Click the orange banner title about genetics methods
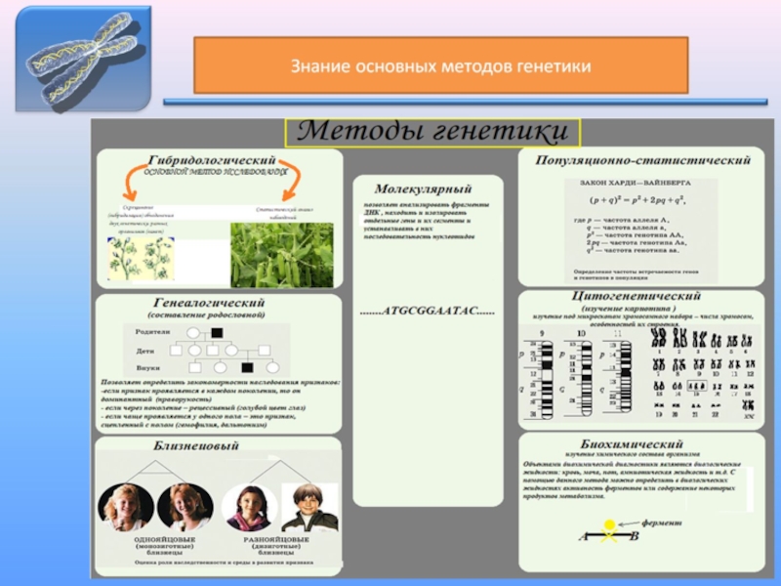[440, 66]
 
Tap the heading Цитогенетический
[636, 296]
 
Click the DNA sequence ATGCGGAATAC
[427, 312]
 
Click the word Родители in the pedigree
[153, 332]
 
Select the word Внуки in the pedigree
[147, 365]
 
